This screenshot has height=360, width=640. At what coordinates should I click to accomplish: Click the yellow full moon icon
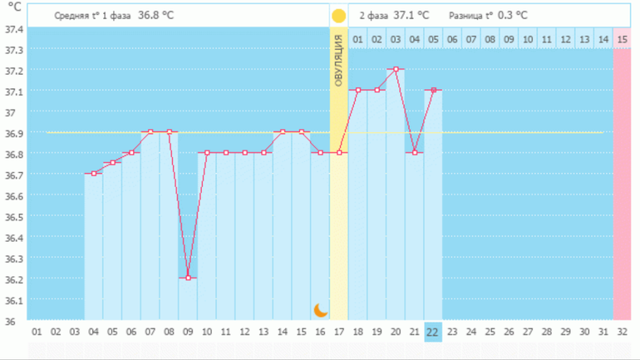pos(338,16)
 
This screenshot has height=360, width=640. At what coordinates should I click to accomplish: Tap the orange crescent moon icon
pos(321,310)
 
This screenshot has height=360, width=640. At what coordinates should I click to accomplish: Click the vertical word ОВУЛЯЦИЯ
pos(338,62)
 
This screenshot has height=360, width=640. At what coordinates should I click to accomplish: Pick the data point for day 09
pos(189,278)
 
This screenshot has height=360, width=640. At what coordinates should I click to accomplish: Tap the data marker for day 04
pos(94,173)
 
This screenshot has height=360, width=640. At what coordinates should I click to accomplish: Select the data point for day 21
pos(415,152)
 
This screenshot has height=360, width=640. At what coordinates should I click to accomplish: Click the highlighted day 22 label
pos(432,331)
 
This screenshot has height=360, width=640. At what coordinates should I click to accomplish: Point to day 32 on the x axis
pos(622,331)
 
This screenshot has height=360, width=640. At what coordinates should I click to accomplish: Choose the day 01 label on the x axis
pos(37,331)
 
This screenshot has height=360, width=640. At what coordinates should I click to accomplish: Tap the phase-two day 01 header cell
pos(357,38)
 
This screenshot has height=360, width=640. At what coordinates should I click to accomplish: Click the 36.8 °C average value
pos(155,16)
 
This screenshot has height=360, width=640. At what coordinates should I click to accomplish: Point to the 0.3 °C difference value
pos(512,16)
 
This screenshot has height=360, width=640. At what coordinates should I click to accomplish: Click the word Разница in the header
pos(465,16)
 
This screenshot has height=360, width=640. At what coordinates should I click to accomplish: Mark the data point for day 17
pos(339,152)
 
